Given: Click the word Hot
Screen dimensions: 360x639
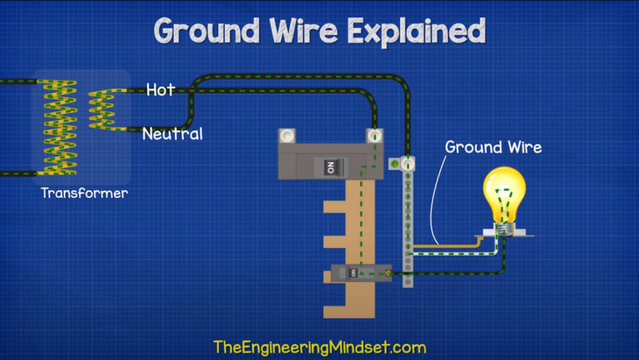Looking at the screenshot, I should (160, 90).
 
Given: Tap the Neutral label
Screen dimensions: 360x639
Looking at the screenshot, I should (172, 134).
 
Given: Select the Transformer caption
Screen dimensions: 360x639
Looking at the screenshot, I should (84, 193).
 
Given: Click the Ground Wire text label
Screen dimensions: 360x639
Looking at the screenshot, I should (493, 148).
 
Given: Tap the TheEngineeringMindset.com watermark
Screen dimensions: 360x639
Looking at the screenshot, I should (319, 347).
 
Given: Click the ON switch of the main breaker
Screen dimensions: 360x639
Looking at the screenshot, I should (329, 167).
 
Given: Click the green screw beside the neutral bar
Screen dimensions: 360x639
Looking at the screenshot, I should (394, 164).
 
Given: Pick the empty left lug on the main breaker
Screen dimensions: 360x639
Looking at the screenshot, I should (287, 135).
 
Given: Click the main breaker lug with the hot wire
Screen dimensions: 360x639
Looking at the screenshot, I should (375, 135).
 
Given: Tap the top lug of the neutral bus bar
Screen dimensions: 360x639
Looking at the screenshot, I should (407, 163).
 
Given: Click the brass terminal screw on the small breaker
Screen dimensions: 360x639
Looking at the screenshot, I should (389, 273).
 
